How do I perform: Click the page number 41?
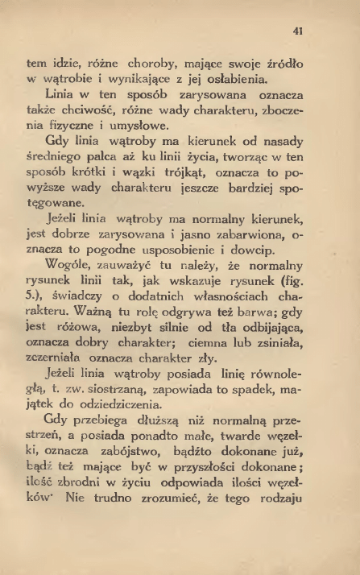pos(299,31)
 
